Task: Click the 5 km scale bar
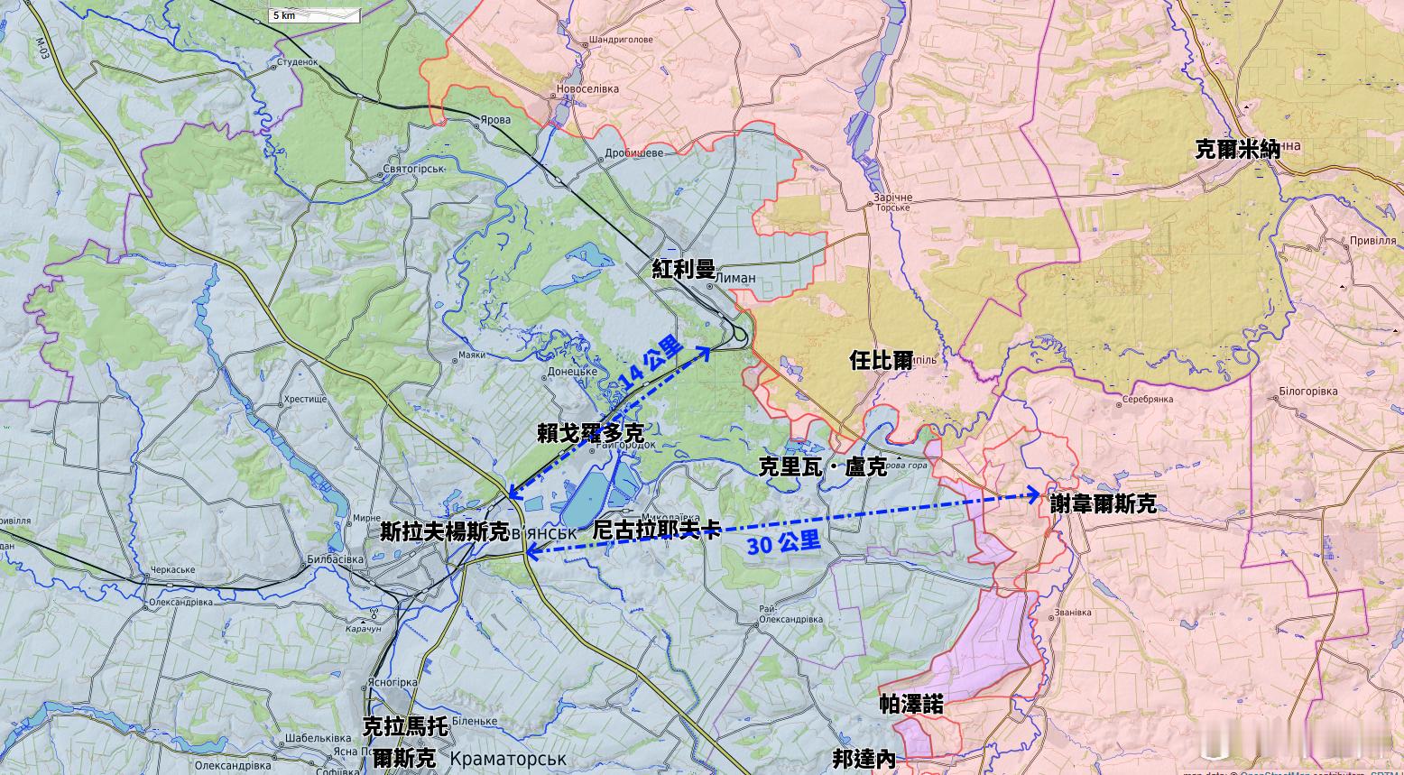pyautogui.click(x=315, y=15)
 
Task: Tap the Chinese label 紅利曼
pyautogui.click(x=684, y=269)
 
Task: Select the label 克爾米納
pyautogui.click(x=1237, y=149)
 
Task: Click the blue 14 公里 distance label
pyautogui.click(x=651, y=363)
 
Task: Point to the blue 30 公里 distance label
pyautogui.click(x=783, y=543)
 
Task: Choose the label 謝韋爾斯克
pyautogui.click(x=1103, y=503)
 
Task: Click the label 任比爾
pyautogui.click(x=881, y=360)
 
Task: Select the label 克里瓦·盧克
pyautogui.click(x=822, y=466)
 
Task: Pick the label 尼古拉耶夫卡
pyautogui.click(x=656, y=530)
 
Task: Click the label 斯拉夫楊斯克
pyautogui.click(x=445, y=531)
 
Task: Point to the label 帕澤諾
pyautogui.click(x=911, y=705)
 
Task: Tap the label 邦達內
pyautogui.click(x=864, y=759)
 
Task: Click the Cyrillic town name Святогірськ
pyautogui.click(x=414, y=169)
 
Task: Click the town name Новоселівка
pyautogui.click(x=587, y=89)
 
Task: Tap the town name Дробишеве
pyautogui.click(x=633, y=152)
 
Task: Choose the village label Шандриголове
pyautogui.click(x=620, y=41)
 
